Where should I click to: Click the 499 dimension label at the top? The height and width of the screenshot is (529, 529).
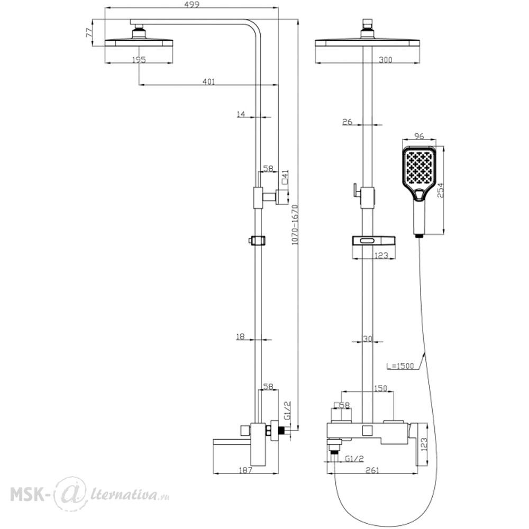pyautogui.click(x=192, y=4)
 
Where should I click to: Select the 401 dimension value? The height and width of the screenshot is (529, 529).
pyautogui.click(x=208, y=81)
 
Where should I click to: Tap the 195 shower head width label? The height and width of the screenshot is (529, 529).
pyautogui.click(x=139, y=60)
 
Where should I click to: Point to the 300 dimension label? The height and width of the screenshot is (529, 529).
pyautogui.click(x=385, y=60)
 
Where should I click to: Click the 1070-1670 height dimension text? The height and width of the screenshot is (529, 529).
pyautogui.click(x=295, y=224)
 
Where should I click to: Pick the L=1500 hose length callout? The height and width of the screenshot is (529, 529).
pyautogui.click(x=400, y=366)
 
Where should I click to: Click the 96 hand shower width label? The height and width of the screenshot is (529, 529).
pyautogui.click(x=418, y=136)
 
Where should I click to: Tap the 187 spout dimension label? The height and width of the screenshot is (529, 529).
pyautogui.click(x=245, y=470)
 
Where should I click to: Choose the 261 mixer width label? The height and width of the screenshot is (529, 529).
pyautogui.click(x=372, y=470)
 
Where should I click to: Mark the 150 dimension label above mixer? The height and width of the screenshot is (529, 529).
pyautogui.click(x=380, y=388)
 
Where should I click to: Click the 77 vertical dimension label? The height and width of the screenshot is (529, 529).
pyautogui.click(x=89, y=33)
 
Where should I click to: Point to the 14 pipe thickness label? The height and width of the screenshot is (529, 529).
pyautogui.click(x=241, y=114)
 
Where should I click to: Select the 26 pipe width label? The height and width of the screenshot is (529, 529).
pyautogui.click(x=347, y=122)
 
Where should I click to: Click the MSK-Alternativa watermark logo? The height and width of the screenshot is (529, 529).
pyautogui.click(x=89, y=494)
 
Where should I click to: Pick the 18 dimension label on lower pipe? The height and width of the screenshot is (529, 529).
pyautogui.click(x=240, y=336)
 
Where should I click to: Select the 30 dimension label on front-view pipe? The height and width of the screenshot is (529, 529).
pyautogui.click(x=368, y=339)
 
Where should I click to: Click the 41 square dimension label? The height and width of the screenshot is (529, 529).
pyautogui.click(x=285, y=178)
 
